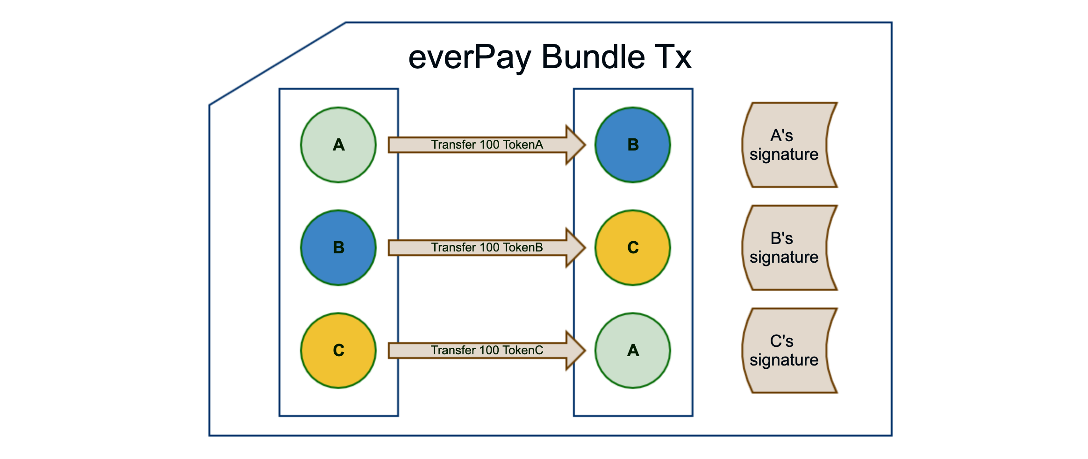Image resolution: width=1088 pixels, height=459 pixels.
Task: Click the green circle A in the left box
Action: click(x=338, y=145)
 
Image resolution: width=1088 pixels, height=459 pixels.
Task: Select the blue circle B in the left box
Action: click(x=338, y=248)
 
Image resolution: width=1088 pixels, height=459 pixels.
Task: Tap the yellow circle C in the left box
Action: click(x=338, y=351)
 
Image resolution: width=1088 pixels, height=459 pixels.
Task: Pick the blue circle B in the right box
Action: click(x=633, y=145)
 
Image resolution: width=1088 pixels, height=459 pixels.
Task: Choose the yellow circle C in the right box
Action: click(x=633, y=248)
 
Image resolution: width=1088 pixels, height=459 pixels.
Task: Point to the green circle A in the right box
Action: click(x=633, y=351)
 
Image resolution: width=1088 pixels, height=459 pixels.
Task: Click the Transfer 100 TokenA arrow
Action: click(x=487, y=145)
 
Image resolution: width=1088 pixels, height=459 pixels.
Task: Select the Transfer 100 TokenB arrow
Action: click(x=487, y=248)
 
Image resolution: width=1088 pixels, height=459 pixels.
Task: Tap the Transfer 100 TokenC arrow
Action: click(x=487, y=351)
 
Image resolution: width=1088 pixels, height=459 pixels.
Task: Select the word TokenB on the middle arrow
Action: click(x=523, y=247)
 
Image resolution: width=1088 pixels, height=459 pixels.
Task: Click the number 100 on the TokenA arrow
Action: click(x=489, y=144)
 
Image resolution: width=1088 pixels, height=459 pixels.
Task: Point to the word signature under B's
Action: click(x=784, y=258)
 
